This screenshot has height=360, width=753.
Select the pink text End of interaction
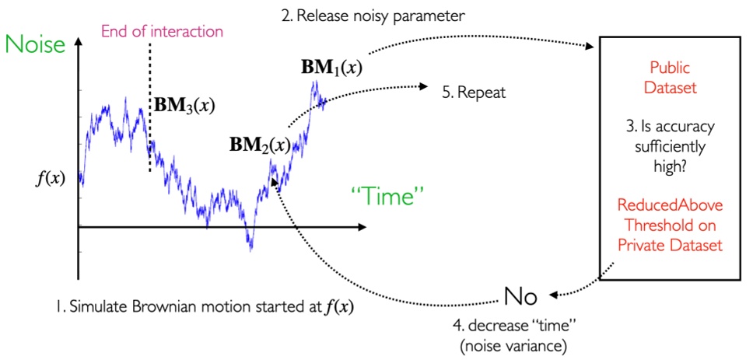pos(163,32)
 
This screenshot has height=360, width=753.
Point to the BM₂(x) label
pos(260,145)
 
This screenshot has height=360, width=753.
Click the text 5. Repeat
pos(474,93)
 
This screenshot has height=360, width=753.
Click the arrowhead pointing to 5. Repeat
pos(427,86)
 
